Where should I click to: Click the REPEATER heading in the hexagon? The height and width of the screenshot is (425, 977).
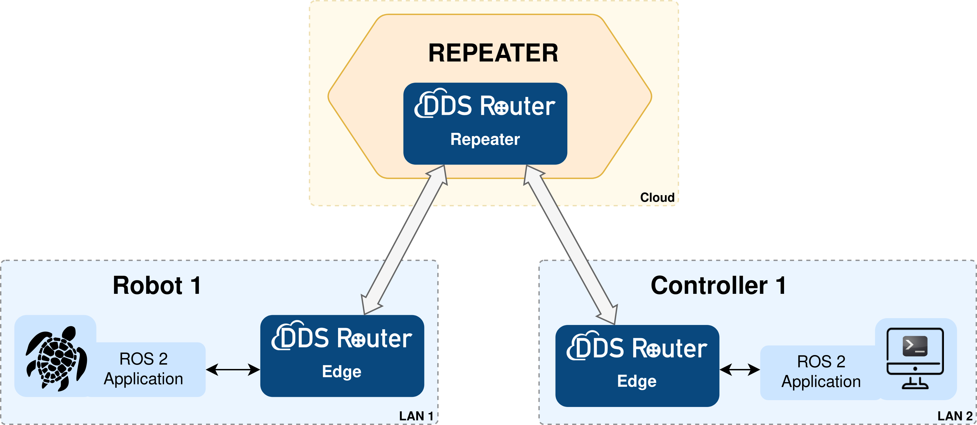tap(493, 53)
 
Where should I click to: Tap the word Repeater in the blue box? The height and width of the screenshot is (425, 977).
tap(485, 139)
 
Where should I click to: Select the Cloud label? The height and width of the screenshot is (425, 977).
tap(657, 197)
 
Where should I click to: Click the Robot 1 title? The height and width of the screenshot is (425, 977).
tap(157, 285)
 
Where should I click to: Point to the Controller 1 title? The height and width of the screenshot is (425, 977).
tap(718, 285)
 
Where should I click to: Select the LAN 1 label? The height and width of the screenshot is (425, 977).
tap(416, 416)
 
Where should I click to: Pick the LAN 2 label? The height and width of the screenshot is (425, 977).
tap(955, 416)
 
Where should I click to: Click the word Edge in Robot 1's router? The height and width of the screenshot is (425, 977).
tap(342, 371)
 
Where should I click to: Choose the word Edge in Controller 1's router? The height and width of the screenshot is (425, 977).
tap(637, 381)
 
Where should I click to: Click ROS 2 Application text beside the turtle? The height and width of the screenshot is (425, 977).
tap(143, 369)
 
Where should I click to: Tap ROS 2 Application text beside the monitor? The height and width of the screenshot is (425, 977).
tap(821, 371)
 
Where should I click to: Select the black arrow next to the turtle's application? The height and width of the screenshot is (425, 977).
tap(233, 369)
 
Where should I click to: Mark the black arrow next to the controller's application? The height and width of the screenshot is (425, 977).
tap(740, 369)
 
